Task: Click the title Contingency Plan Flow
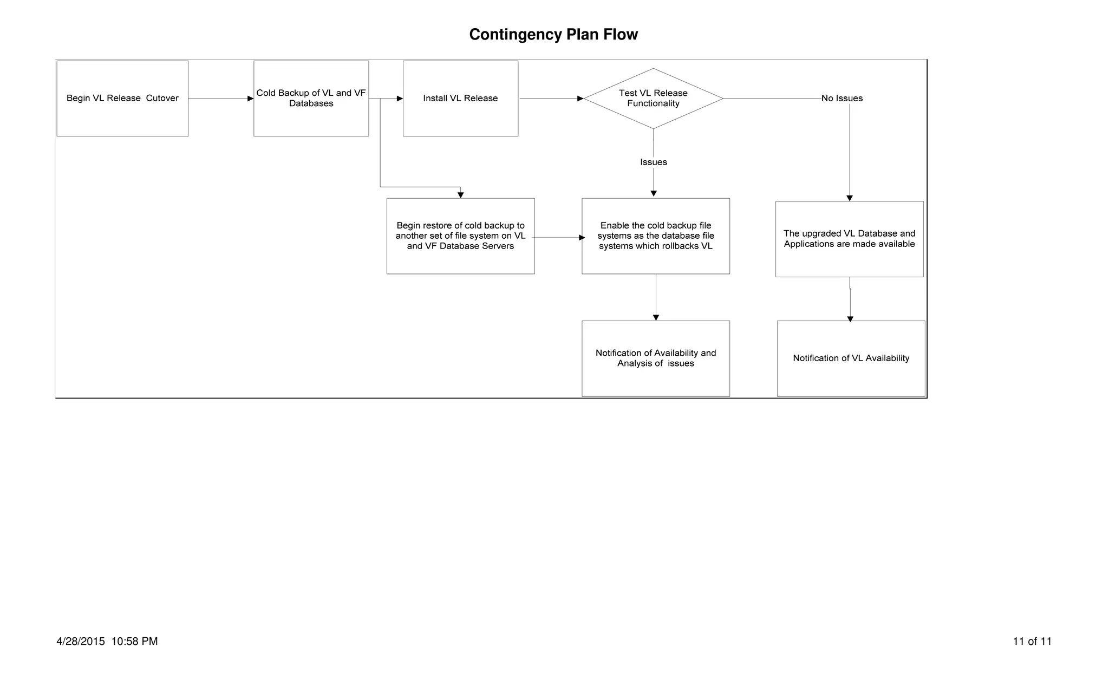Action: pos(553,35)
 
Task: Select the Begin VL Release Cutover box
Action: pos(122,99)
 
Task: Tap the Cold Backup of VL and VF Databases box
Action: pos(311,99)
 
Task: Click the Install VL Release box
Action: pos(460,99)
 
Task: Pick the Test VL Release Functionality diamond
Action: pos(653,99)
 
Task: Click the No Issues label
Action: pos(841,99)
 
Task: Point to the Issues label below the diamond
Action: pos(653,162)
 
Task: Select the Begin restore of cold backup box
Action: pos(460,236)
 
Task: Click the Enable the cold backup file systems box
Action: pos(655,236)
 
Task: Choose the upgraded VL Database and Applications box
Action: pos(849,239)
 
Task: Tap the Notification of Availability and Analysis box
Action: pos(655,358)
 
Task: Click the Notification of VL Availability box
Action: pos(851,358)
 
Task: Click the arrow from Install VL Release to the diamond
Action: pos(550,99)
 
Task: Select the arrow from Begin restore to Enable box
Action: pos(558,238)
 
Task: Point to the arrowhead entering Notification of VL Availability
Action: pos(850,319)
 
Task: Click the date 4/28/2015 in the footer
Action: pos(81,642)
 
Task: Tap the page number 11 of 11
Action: pos(1032,642)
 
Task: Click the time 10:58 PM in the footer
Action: pos(134,642)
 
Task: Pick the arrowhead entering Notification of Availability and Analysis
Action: pos(656,318)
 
